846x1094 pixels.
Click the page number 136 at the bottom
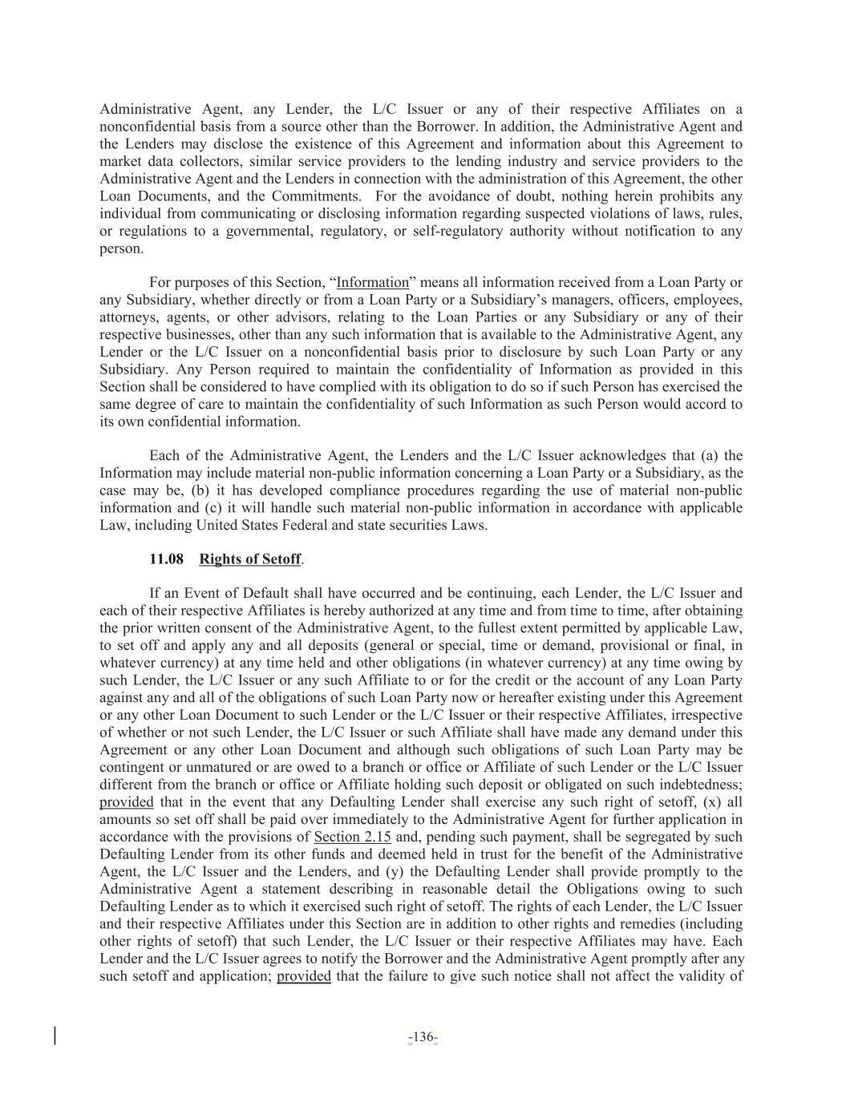click(x=422, y=1038)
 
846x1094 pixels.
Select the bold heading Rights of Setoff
click(x=250, y=559)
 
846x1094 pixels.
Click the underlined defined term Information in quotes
click(x=373, y=282)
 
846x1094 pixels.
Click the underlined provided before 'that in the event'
click(x=126, y=802)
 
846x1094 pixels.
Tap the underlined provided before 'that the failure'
click(x=304, y=976)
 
